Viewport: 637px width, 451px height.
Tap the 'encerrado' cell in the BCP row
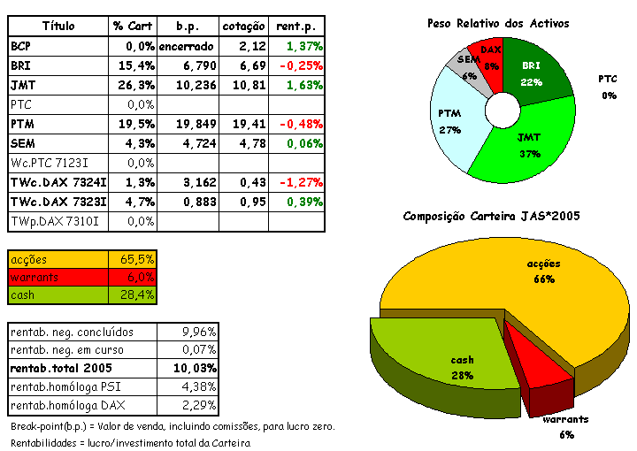[x=186, y=45]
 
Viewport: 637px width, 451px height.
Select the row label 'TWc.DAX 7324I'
[x=58, y=182]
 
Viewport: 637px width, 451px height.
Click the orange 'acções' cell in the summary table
[x=58, y=259]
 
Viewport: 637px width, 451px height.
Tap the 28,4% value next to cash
[x=137, y=294]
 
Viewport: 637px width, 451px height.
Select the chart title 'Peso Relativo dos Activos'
[x=497, y=23]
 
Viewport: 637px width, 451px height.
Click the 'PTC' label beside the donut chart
[x=608, y=79]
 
